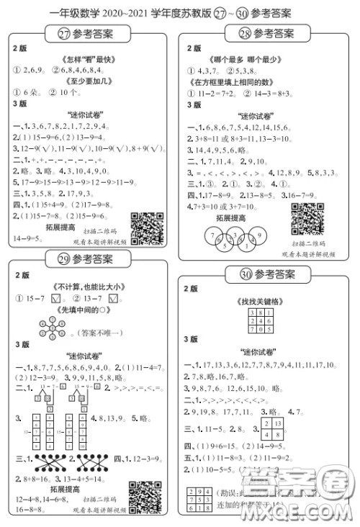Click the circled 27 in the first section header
(64, 33)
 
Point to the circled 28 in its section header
(242, 33)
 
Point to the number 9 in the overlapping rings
(261, 236)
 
